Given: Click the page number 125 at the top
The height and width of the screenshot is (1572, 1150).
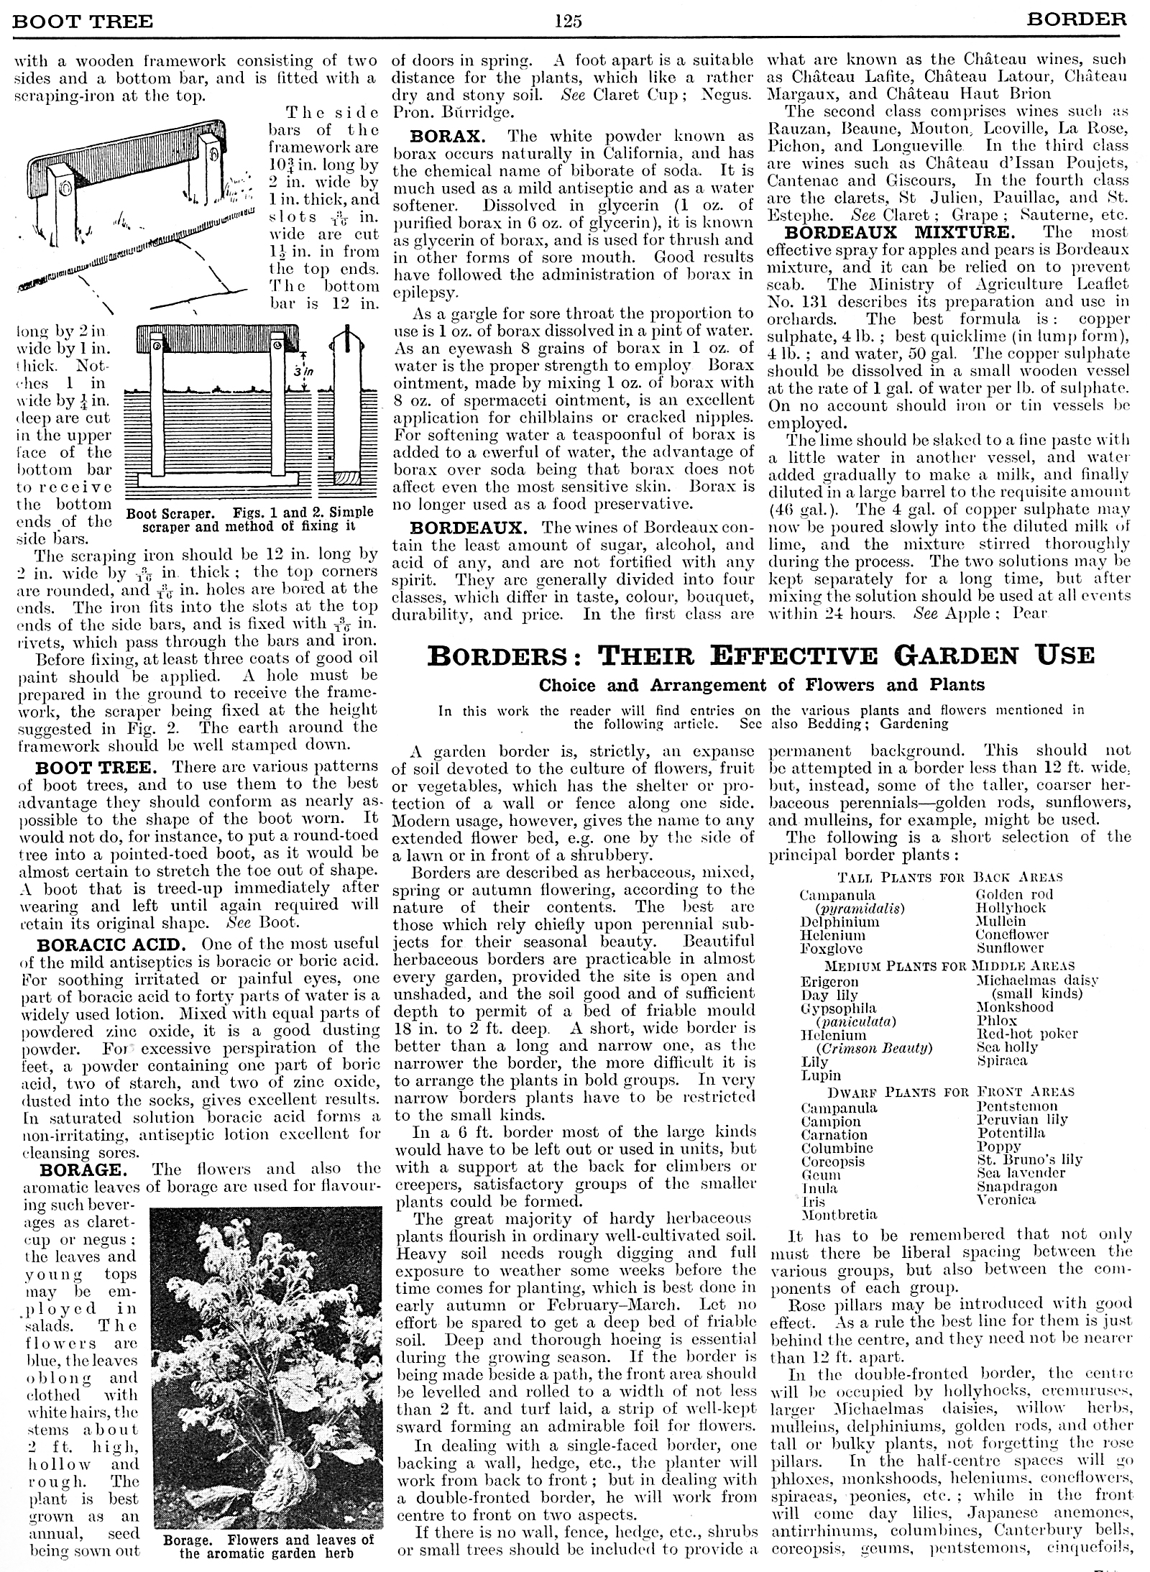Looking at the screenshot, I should click(568, 20).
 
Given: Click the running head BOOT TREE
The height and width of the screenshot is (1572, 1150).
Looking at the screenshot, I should click(83, 21).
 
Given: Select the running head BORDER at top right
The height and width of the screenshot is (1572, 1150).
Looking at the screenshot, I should click(1077, 19).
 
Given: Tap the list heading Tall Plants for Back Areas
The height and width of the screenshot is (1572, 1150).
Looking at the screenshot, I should click(950, 877).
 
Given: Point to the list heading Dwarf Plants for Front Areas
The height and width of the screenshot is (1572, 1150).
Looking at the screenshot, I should click(950, 1092).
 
